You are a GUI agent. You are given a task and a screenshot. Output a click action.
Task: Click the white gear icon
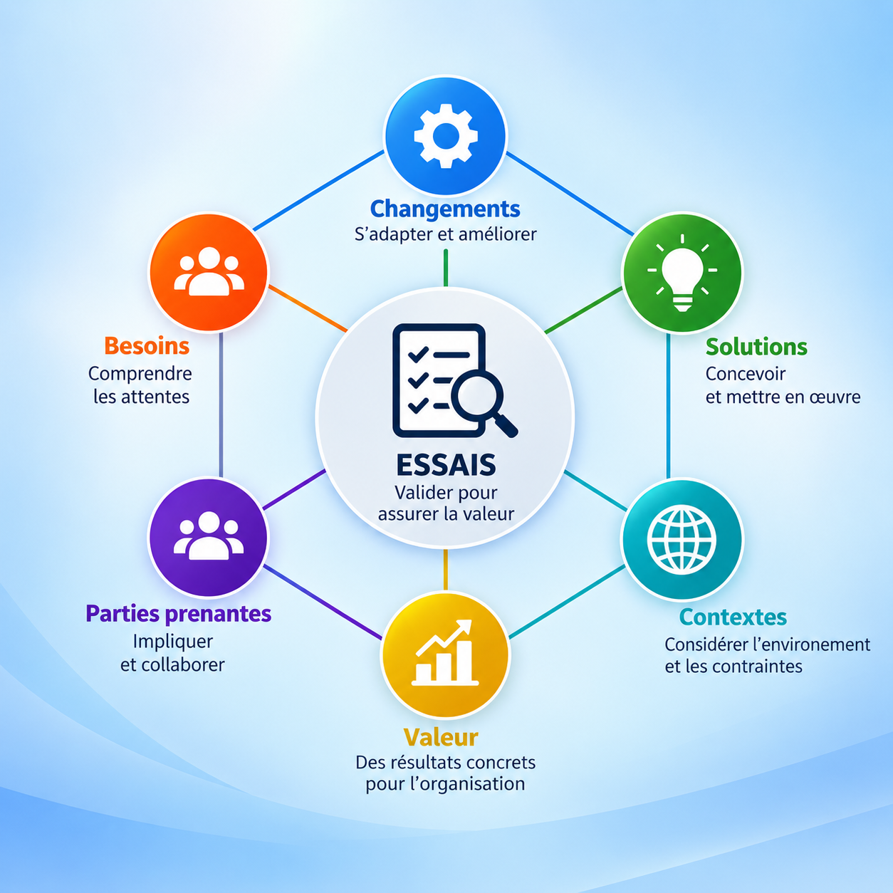445,136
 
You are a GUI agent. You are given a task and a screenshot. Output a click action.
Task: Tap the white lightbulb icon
681,272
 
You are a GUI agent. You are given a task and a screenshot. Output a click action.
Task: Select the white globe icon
681,539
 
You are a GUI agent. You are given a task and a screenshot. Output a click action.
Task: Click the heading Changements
445,209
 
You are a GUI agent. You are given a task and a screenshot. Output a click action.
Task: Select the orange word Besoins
147,346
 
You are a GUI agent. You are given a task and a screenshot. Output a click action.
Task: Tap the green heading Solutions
756,347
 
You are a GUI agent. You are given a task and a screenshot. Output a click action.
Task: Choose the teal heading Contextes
733,617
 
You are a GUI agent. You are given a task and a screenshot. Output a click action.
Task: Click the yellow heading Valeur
440,737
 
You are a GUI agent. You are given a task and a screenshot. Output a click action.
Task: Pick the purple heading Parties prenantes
179,614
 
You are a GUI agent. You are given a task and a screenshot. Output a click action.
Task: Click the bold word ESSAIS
446,465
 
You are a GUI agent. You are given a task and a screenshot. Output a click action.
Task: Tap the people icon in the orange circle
209,271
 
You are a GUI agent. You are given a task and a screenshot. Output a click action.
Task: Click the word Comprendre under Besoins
140,375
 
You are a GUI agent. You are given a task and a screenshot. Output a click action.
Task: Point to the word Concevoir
745,374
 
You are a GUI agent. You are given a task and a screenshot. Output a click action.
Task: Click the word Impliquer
173,642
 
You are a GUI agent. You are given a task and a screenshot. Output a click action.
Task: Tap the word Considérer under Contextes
704,644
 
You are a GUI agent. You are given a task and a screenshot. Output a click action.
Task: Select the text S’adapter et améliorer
445,234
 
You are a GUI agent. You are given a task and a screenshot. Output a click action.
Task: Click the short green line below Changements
445,268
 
